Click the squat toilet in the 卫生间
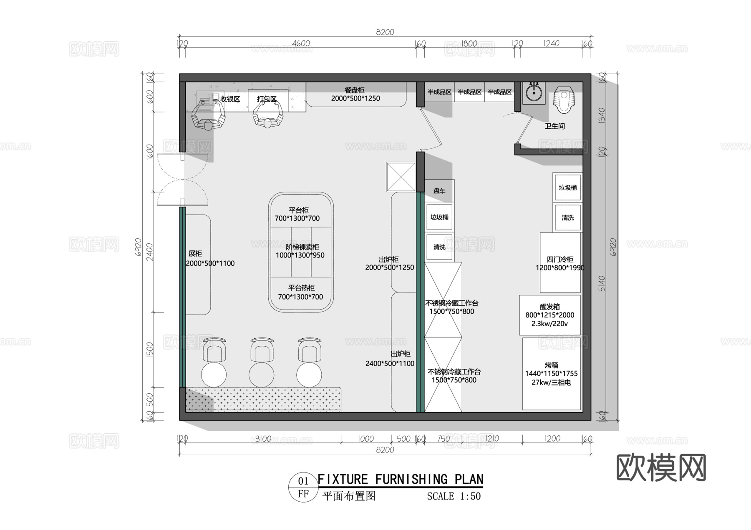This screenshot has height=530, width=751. coord(564,100)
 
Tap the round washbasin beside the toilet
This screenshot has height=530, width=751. coord(534,92)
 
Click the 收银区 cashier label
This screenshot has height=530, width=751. coord(230,99)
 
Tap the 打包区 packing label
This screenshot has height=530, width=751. coord(267,99)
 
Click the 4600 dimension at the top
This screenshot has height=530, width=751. coord(301,44)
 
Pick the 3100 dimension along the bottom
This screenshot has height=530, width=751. coord(263,439)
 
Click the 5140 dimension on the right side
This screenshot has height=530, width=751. coord(601,283)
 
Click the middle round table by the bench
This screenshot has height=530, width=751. coord(262,374)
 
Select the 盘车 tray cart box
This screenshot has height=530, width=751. coord(439,191)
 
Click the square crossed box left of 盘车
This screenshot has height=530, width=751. coord(401,177)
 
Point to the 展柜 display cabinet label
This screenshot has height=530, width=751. coord(195,254)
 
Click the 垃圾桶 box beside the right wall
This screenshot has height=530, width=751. coord(567,188)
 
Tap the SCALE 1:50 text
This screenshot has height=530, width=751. coord(454,497)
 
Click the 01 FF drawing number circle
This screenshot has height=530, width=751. coord(303,487)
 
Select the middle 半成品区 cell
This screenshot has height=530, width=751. coord(469,92)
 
